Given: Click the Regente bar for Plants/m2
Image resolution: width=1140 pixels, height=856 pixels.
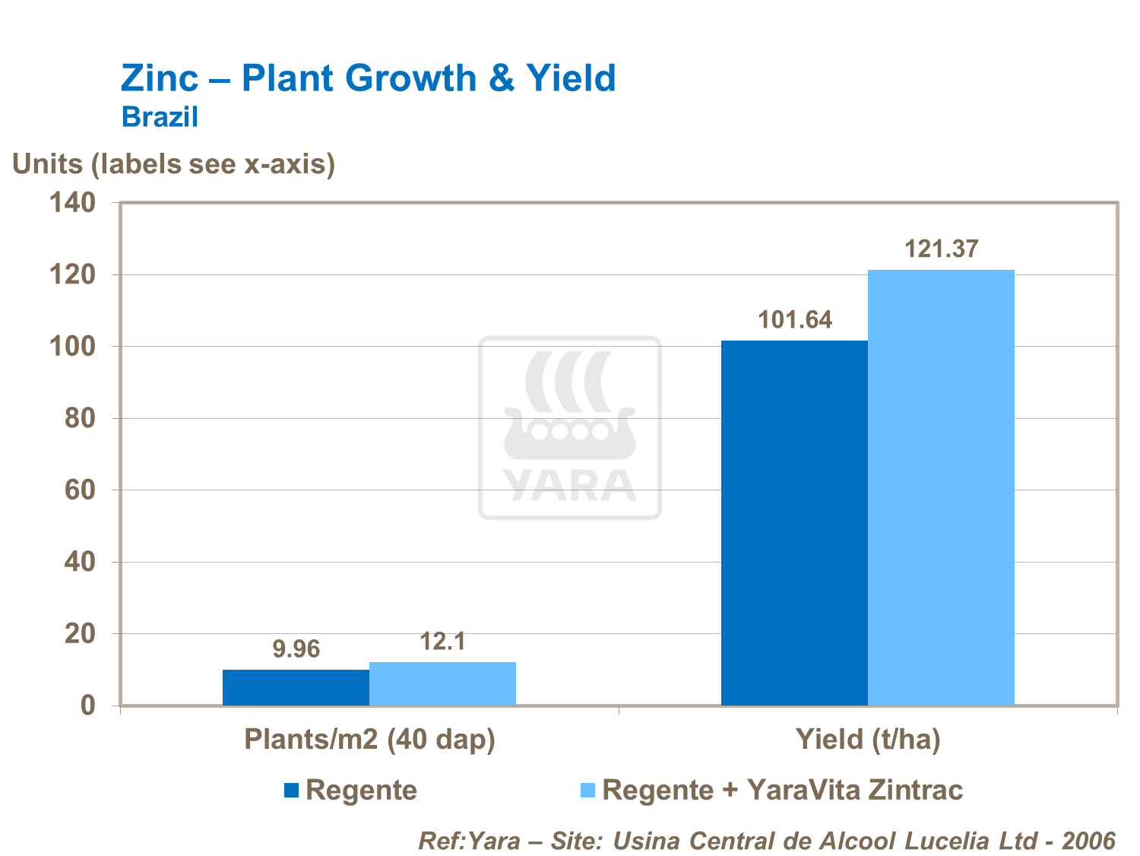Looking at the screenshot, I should pos(296,687).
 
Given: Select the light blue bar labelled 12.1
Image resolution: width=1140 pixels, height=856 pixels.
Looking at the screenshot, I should pos(442,683).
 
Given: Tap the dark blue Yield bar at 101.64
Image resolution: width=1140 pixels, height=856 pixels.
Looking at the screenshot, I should pos(794,523).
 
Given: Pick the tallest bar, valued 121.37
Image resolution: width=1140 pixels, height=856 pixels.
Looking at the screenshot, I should pos(941,487).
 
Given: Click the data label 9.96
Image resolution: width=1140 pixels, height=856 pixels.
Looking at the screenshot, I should pos(296,649).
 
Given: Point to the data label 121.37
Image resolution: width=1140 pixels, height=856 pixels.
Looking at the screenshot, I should pos(942,249).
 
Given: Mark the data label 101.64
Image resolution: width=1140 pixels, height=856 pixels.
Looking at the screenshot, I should pos(795,320).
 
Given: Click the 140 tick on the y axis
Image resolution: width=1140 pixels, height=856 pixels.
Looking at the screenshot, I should pos(72,202).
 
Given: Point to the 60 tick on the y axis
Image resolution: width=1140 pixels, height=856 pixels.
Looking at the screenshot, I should pos(80,490).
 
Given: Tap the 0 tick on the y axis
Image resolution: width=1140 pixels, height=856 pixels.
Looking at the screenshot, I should pos(88,705).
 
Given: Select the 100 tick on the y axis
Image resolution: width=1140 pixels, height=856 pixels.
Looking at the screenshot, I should pos(72,347).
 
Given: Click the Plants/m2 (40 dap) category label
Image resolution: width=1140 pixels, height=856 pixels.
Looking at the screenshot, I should pos(369,740).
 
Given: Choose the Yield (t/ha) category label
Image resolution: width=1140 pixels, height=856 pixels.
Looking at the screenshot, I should pos(868,740).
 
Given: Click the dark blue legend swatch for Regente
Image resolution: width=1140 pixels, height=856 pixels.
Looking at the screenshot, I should pos(291,791).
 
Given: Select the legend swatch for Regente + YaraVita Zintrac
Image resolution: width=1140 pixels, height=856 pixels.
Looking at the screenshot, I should pos(587,791).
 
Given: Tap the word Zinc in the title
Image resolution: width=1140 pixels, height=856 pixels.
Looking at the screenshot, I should pos(160,78).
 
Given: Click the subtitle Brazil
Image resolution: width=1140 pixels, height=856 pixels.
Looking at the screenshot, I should pos(160,117).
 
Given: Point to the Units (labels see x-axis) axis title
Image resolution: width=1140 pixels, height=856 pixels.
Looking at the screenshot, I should pos(174,164).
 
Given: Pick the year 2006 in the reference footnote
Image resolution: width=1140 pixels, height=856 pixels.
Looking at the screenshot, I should pos(1088,841).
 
